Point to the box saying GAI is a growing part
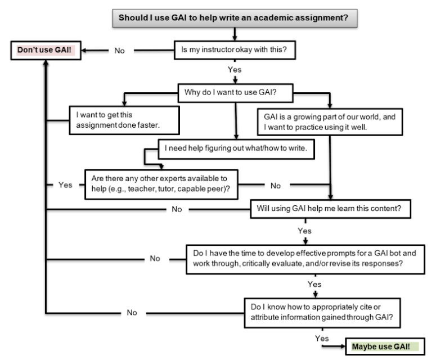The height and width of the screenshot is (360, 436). pos(329,120)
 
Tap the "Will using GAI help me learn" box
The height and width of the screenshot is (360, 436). pos(333,209)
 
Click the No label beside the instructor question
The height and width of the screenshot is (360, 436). pos(119,51)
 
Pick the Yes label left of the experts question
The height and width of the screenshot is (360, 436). pos(65,185)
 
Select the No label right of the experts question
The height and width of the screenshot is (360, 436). pos(276,184)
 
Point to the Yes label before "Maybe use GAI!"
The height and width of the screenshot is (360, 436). pos(322,339)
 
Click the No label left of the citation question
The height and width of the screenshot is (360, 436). pos(132,313)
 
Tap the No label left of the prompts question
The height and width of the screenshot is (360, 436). pos(155,259)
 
